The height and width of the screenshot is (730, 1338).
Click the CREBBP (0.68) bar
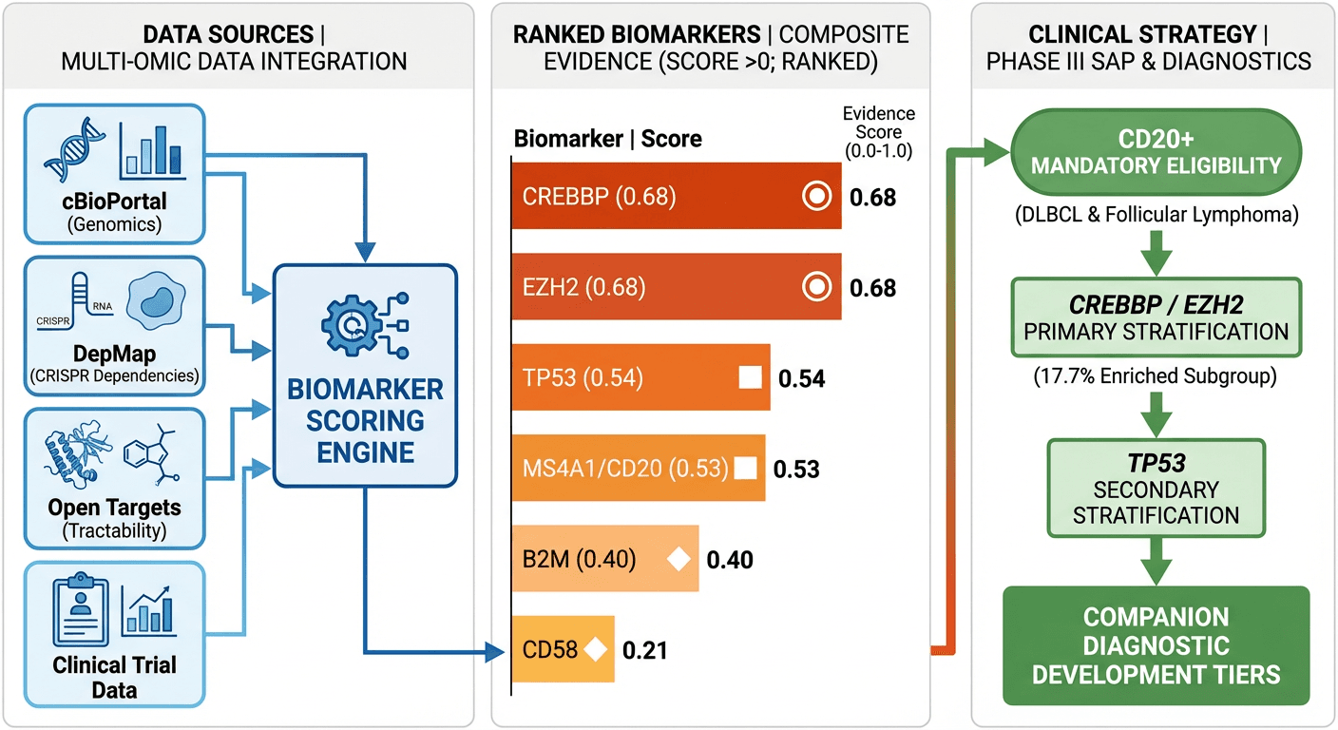click(665, 197)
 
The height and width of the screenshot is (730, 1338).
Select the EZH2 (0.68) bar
click(665, 287)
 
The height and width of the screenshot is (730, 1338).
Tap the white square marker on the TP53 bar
click(751, 378)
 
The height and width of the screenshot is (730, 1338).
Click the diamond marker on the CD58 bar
click(596, 650)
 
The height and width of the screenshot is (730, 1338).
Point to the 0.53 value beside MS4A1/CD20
click(796, 469)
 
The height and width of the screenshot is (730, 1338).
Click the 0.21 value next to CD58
click(644, 651)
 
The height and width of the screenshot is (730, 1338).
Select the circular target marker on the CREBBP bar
click(815, 197)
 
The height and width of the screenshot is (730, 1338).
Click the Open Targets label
click(114, 508)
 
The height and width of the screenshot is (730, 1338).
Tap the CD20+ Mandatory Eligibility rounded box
click(1156, 153)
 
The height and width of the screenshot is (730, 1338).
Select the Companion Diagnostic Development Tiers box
click(1156, 646)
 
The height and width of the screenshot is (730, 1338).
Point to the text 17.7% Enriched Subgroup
click(1156, 375)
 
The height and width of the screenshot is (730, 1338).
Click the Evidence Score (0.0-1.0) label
click(878, 131)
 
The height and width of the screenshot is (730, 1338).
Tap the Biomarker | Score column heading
click(608, 139)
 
